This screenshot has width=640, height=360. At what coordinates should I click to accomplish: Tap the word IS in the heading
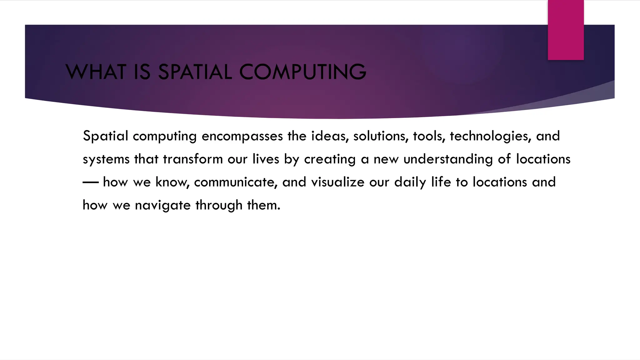click(x=142, y=72)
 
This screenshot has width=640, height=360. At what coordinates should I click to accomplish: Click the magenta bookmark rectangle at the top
click(x=566, y=30)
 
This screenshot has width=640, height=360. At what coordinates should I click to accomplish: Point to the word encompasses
click(x=242, y=136)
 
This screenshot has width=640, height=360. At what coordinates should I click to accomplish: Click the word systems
click(x=106, y=159)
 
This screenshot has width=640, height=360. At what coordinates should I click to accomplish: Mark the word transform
click(x=193, y=159)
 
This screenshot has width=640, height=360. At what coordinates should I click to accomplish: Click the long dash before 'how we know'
click(x=91, y=182)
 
